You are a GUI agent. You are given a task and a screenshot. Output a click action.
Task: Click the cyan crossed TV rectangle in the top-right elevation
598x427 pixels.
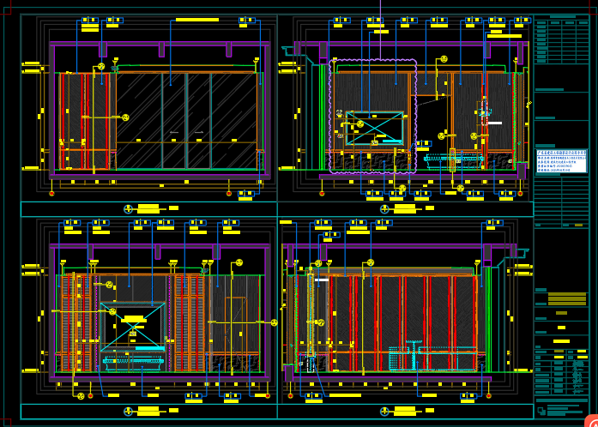pos(374,128)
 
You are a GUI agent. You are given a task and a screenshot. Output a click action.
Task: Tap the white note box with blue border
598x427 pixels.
pos(561,160)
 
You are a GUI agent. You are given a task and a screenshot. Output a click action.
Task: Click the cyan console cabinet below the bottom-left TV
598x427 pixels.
pos(133,361)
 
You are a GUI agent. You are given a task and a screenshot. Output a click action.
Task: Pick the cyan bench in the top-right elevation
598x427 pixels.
pos(453,158)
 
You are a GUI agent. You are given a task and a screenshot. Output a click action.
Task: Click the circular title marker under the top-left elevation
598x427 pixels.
pos(129,208)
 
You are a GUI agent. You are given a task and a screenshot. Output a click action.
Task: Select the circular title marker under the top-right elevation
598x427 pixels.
pos(384,208)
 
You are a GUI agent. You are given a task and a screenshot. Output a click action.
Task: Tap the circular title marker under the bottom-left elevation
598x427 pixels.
pos(129,412)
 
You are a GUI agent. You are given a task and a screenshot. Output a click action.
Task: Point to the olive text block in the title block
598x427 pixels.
pos(566,299)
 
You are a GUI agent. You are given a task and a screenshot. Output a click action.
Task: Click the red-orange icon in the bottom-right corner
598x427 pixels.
pos(590,420)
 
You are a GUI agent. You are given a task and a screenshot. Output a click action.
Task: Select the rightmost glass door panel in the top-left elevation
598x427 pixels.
pos(237,120)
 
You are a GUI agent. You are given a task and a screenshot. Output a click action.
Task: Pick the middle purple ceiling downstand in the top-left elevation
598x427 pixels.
pos(161,50)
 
